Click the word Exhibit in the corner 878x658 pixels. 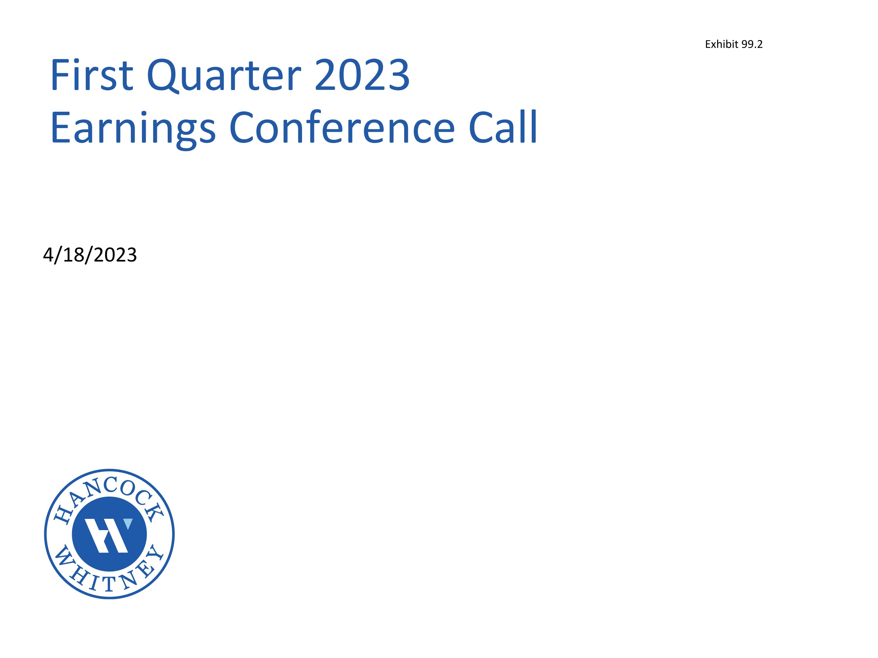[721, 44]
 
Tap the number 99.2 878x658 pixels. [752, 44]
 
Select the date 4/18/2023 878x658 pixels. [90, 255]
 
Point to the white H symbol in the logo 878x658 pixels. [106, 535]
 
